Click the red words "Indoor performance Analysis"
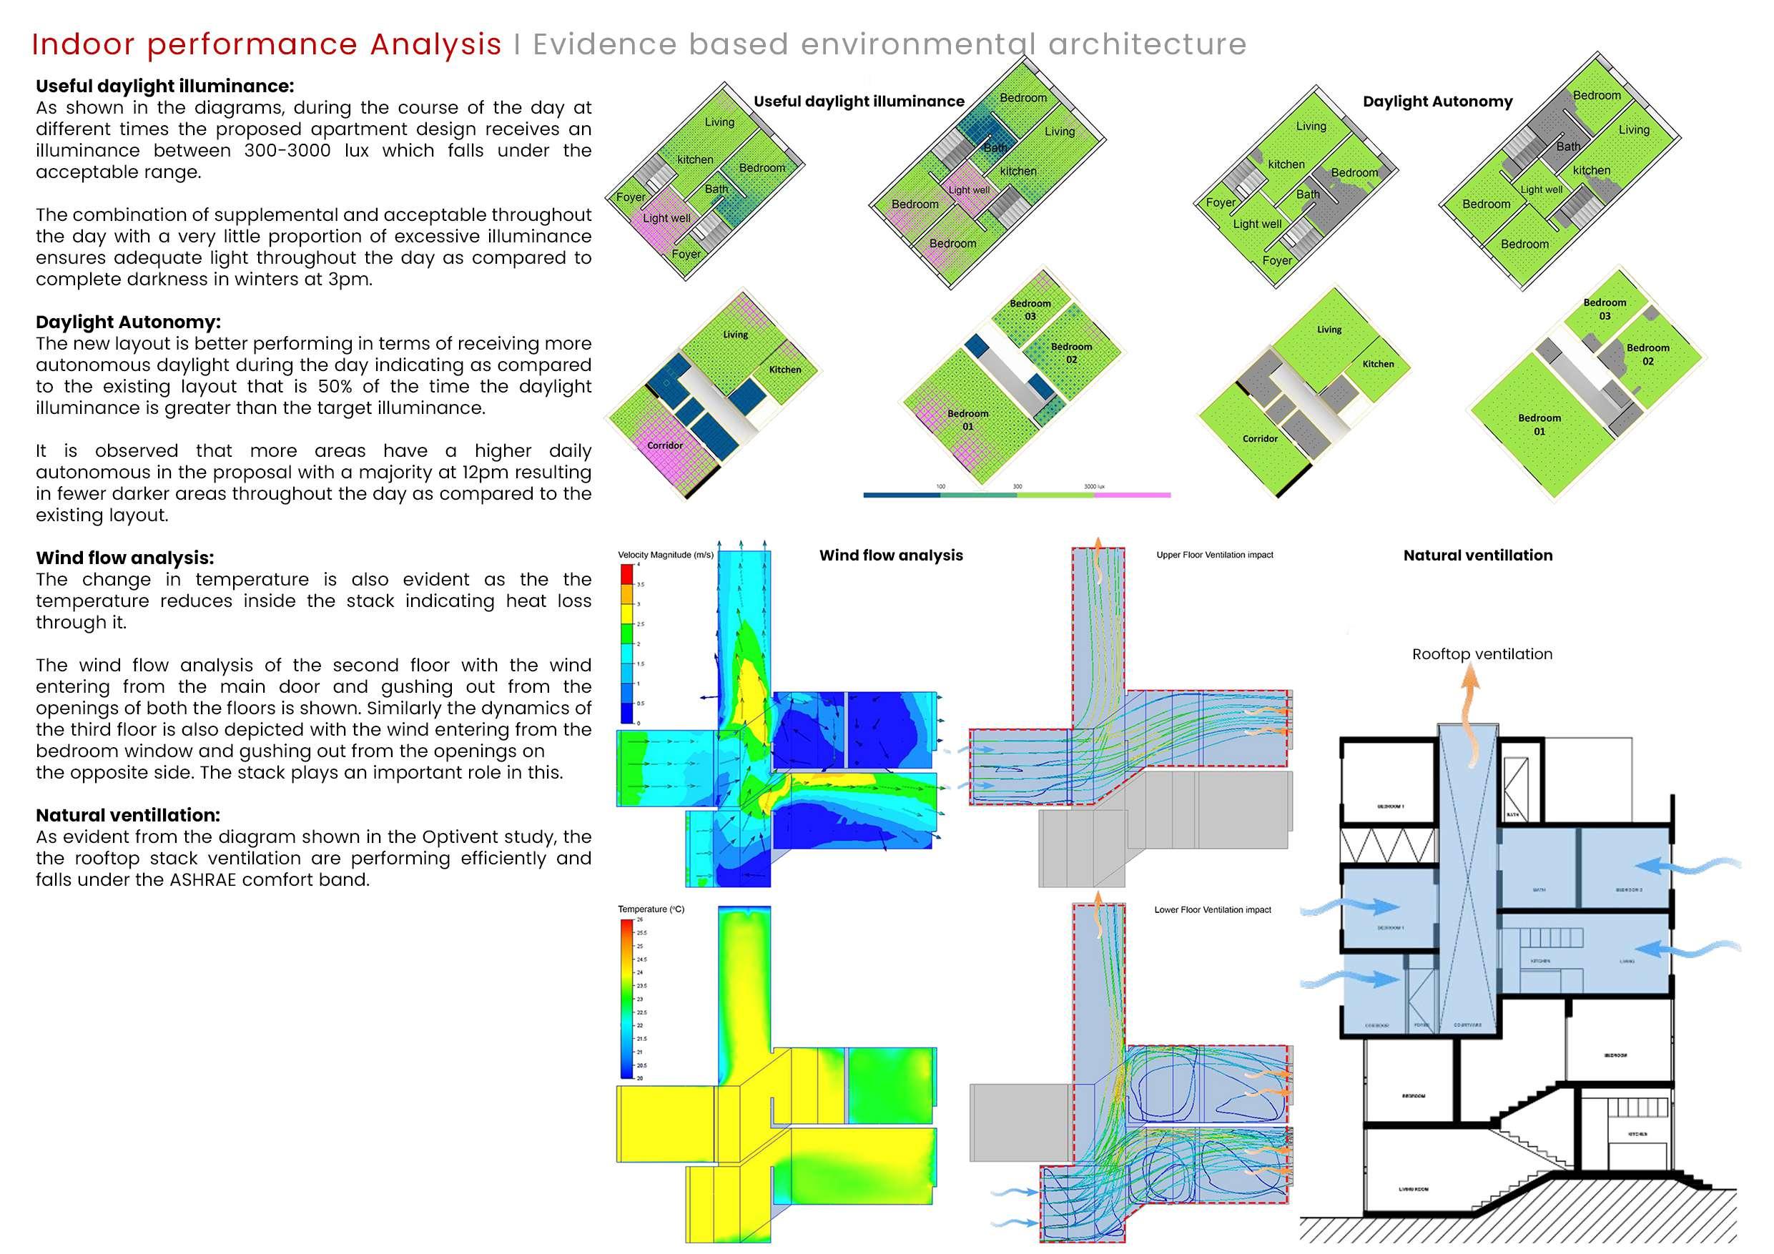267,45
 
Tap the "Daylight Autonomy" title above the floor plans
1437,102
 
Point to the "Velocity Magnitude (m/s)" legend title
665,555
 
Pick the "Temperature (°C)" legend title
651,909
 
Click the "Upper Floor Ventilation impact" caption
1215,555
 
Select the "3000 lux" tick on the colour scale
1093,486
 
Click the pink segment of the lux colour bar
1132,495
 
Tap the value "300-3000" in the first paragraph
287,150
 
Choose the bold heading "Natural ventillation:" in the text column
127,814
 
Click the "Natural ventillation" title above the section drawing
1477,555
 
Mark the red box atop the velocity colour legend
627,573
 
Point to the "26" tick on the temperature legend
640,919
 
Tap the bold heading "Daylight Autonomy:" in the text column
127,322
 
